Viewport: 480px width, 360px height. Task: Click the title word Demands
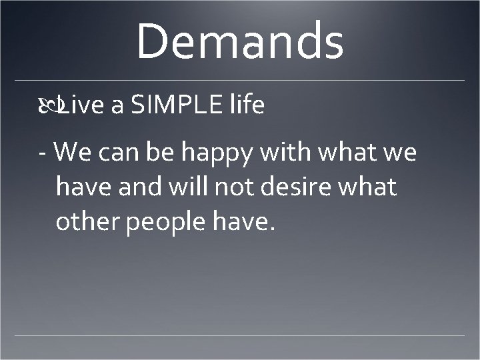coord(240,41)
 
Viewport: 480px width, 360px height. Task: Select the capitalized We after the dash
coord(71,153)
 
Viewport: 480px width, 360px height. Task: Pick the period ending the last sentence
coord(271,231)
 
